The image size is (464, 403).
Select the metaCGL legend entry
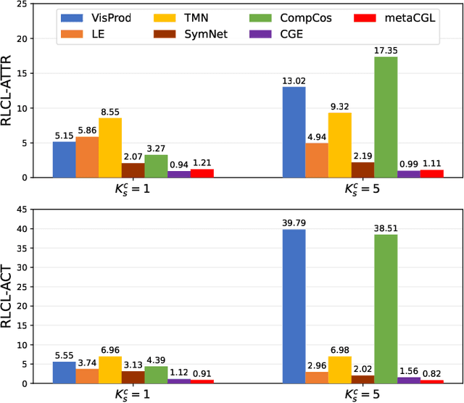coord(414,17)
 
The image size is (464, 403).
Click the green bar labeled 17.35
coord(386,117)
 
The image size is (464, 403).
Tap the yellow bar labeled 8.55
coord(109,148)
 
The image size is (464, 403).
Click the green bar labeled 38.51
coord(386,309)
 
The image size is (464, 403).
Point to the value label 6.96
coord(109,349)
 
